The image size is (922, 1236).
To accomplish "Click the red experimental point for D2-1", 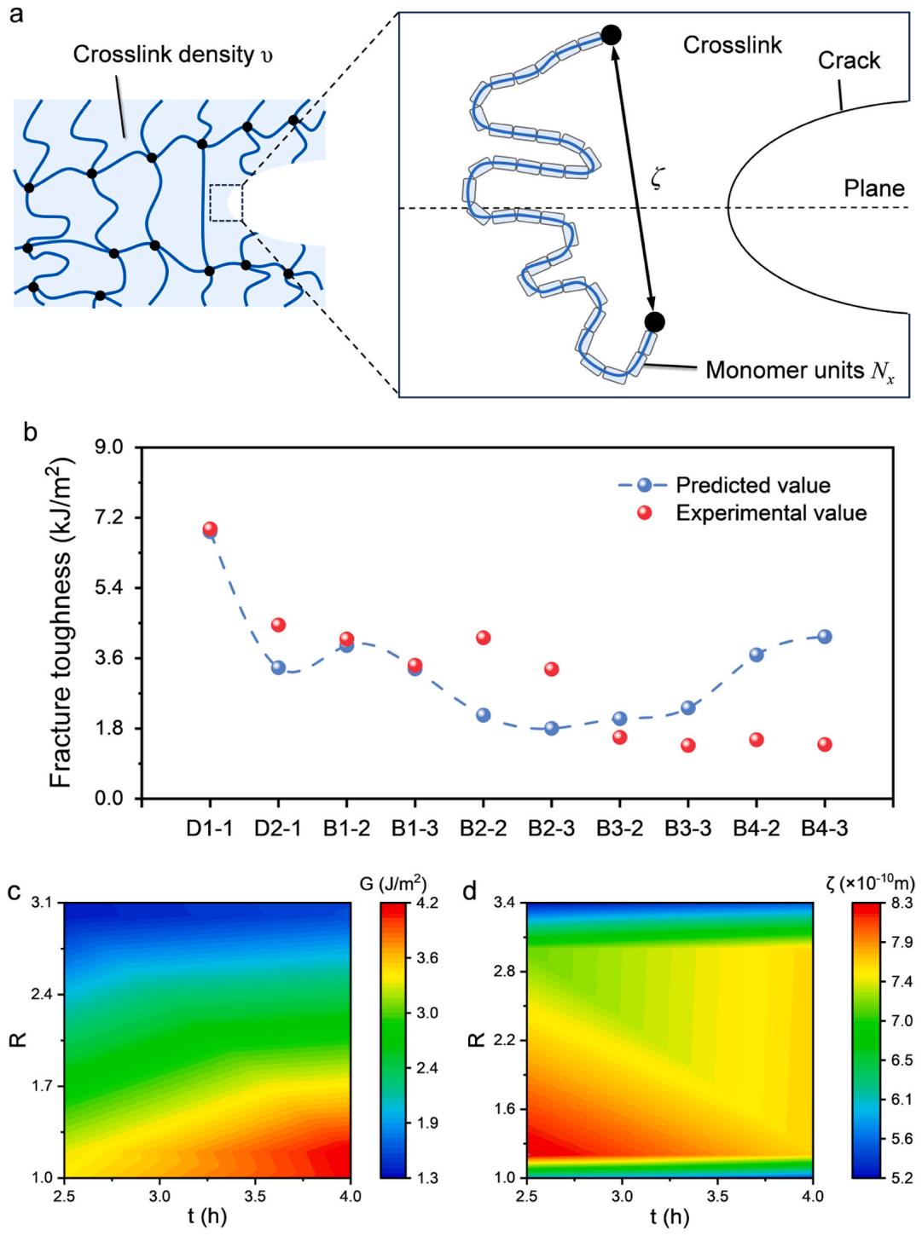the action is point(278,625).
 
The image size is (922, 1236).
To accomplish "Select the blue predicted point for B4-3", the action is point(825,637).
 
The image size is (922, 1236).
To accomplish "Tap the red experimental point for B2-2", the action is point(484,638).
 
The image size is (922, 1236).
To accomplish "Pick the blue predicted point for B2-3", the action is point(551,728).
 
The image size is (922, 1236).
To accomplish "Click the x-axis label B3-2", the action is point(619,829).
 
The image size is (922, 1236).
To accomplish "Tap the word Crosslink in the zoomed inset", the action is point(732,45).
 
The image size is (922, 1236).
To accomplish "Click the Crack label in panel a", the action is point(849,61).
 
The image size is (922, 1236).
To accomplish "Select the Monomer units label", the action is point(800,370).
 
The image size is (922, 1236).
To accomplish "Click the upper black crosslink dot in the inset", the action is point(611,35).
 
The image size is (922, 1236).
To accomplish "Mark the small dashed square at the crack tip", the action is point(226,202).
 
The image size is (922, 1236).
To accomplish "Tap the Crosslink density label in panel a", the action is point(173,55).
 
